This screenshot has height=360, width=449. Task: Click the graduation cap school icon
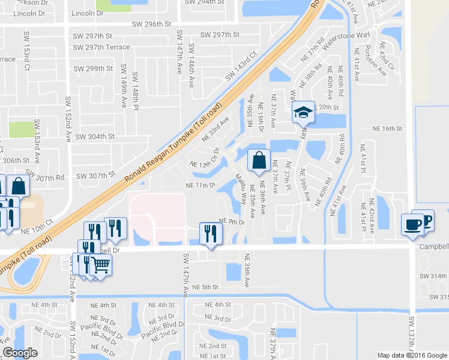tap(303, 112)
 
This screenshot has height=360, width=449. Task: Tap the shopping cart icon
tap(101, 263)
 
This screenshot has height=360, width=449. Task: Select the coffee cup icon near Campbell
tap(412, 224)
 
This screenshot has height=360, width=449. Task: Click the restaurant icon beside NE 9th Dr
tap(209, 232)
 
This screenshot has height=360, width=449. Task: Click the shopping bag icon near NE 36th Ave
tap(258, 161)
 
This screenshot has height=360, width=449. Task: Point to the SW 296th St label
tap(152, 25)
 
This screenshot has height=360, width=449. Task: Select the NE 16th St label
tap(387, 128)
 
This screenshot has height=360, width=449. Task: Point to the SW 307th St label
tap(96, 175)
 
